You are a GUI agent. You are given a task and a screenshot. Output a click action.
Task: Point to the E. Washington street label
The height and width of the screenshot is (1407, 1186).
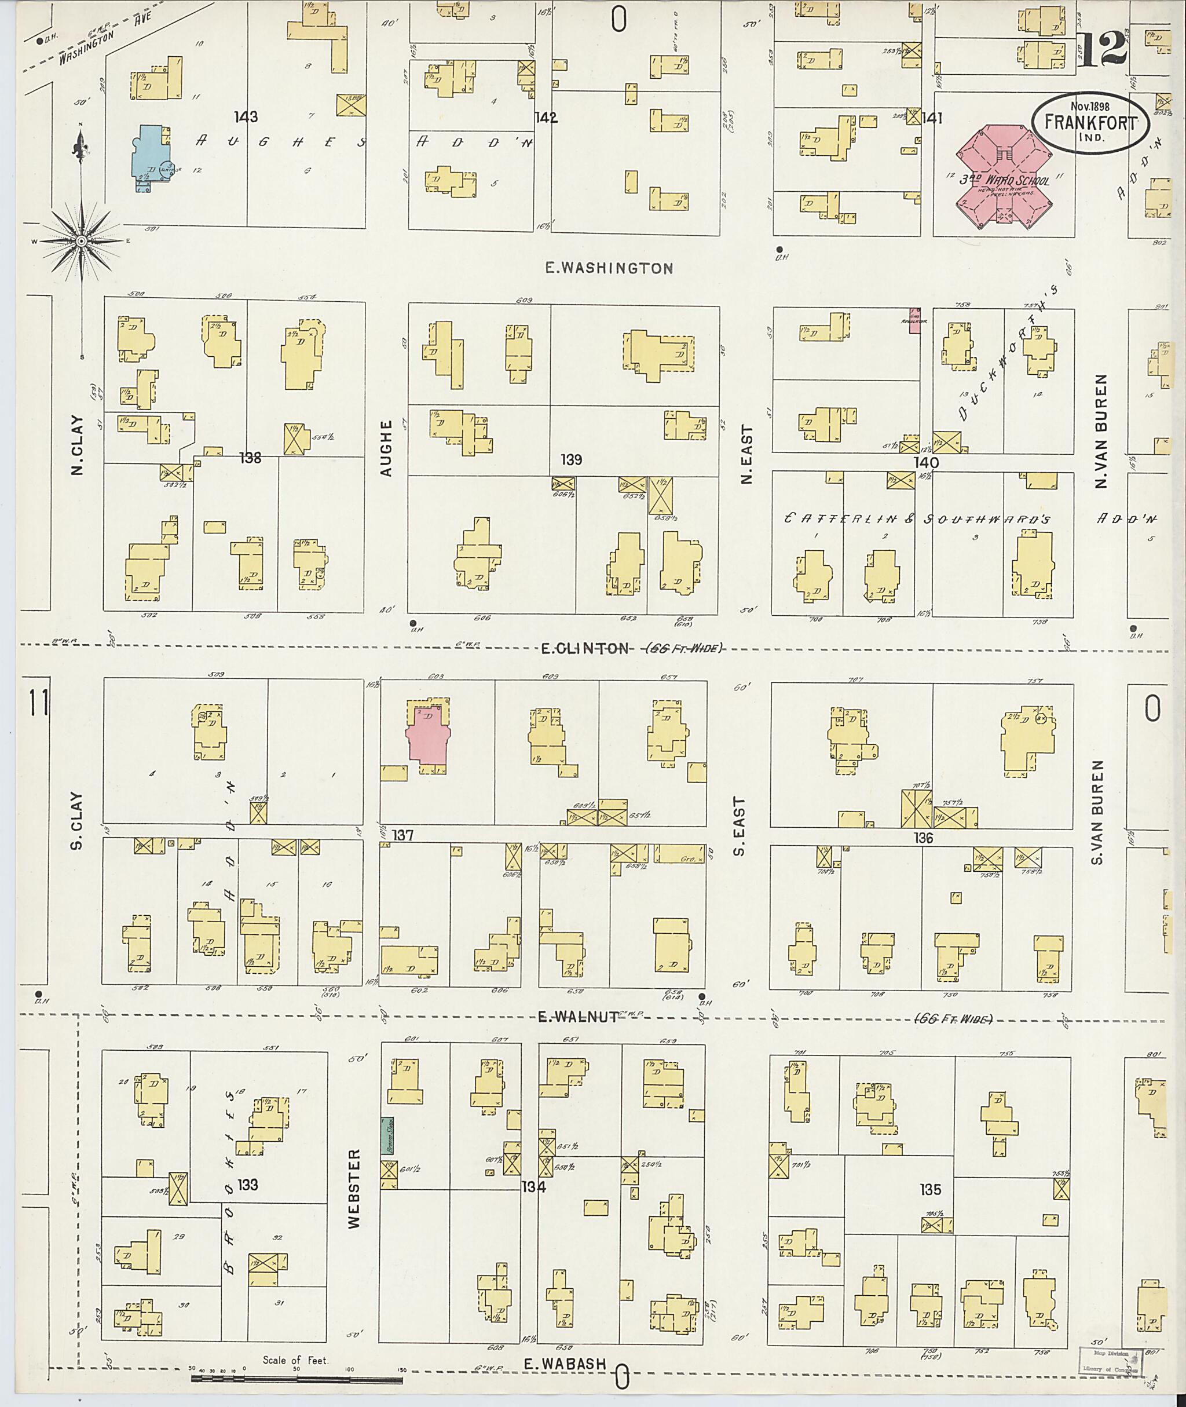[609, 268]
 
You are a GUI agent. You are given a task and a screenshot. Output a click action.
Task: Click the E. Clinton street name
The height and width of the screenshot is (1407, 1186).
[585, 648]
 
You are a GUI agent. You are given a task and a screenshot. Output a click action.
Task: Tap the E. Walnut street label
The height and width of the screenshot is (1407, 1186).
[577, 1017]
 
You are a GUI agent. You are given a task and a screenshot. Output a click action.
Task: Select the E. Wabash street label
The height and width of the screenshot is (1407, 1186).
[565, 1364]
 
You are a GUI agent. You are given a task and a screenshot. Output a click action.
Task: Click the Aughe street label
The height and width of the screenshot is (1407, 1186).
[385, 448]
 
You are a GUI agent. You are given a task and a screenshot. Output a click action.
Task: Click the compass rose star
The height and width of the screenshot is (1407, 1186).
[81, 240]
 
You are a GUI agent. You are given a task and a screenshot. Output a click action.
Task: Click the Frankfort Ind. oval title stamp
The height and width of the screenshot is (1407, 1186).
[1090, 123]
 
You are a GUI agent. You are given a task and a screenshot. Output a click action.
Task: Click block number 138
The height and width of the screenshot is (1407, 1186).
[250, 458]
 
